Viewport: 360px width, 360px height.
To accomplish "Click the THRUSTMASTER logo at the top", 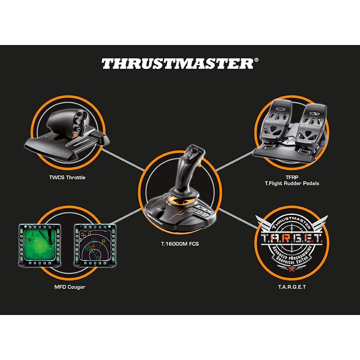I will coord(177,63).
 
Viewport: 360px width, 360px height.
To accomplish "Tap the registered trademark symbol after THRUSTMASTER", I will coord(256,59).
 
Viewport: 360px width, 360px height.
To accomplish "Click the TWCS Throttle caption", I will coord(67,177).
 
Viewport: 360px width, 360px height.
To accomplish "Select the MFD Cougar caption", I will coord(67,287).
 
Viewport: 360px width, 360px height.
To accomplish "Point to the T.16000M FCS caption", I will coord(180,244).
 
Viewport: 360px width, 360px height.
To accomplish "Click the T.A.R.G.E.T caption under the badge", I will coord(292,286).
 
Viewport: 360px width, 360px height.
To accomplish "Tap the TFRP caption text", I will coord(292,177).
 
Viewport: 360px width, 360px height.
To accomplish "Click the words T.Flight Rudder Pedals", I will coord(292,184).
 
